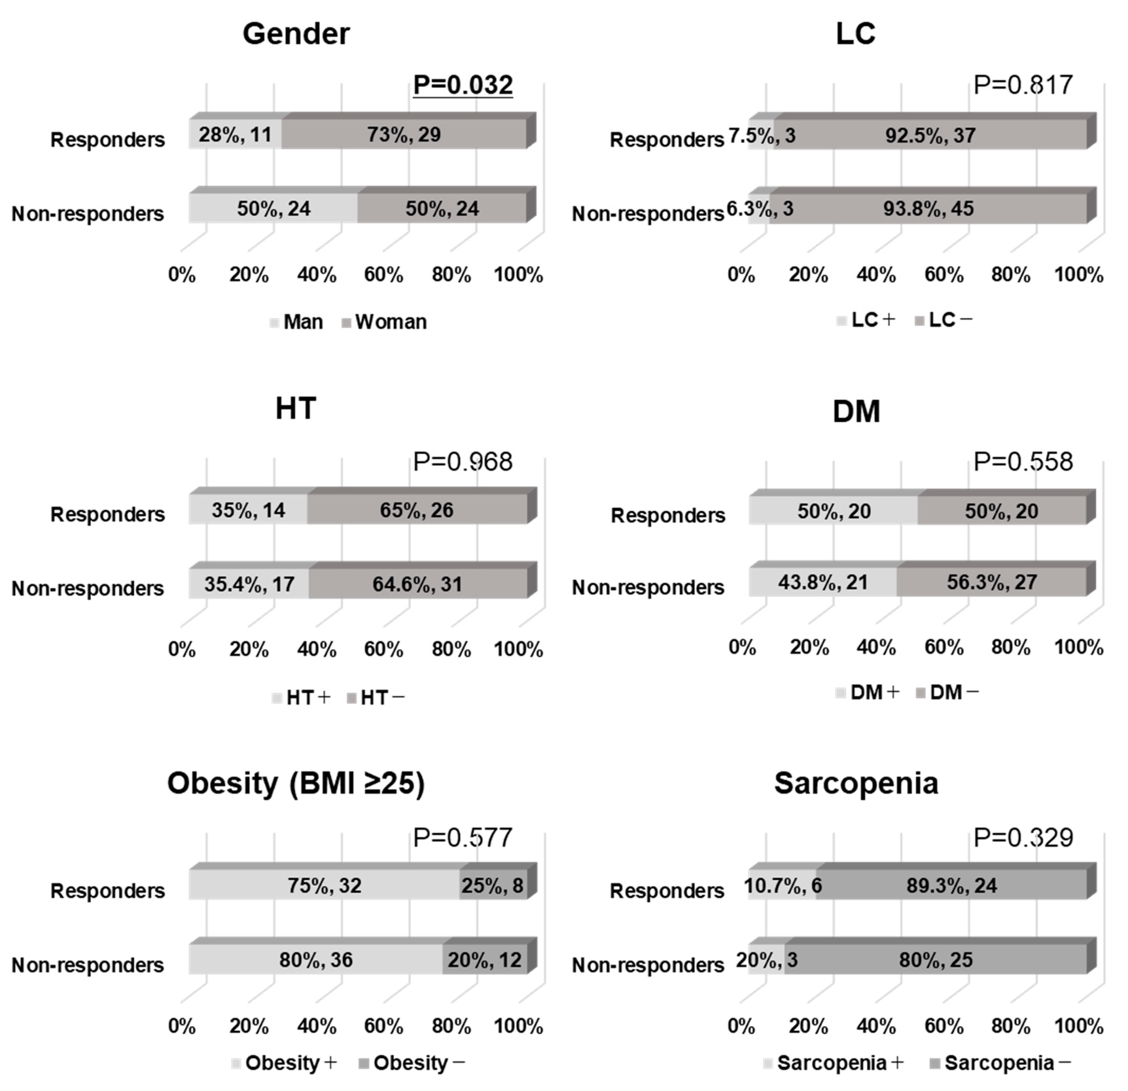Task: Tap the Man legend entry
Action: [x=297, y=322]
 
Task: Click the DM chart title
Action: [x=856, y=412]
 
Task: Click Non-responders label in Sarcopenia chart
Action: [x=647, y=965]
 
